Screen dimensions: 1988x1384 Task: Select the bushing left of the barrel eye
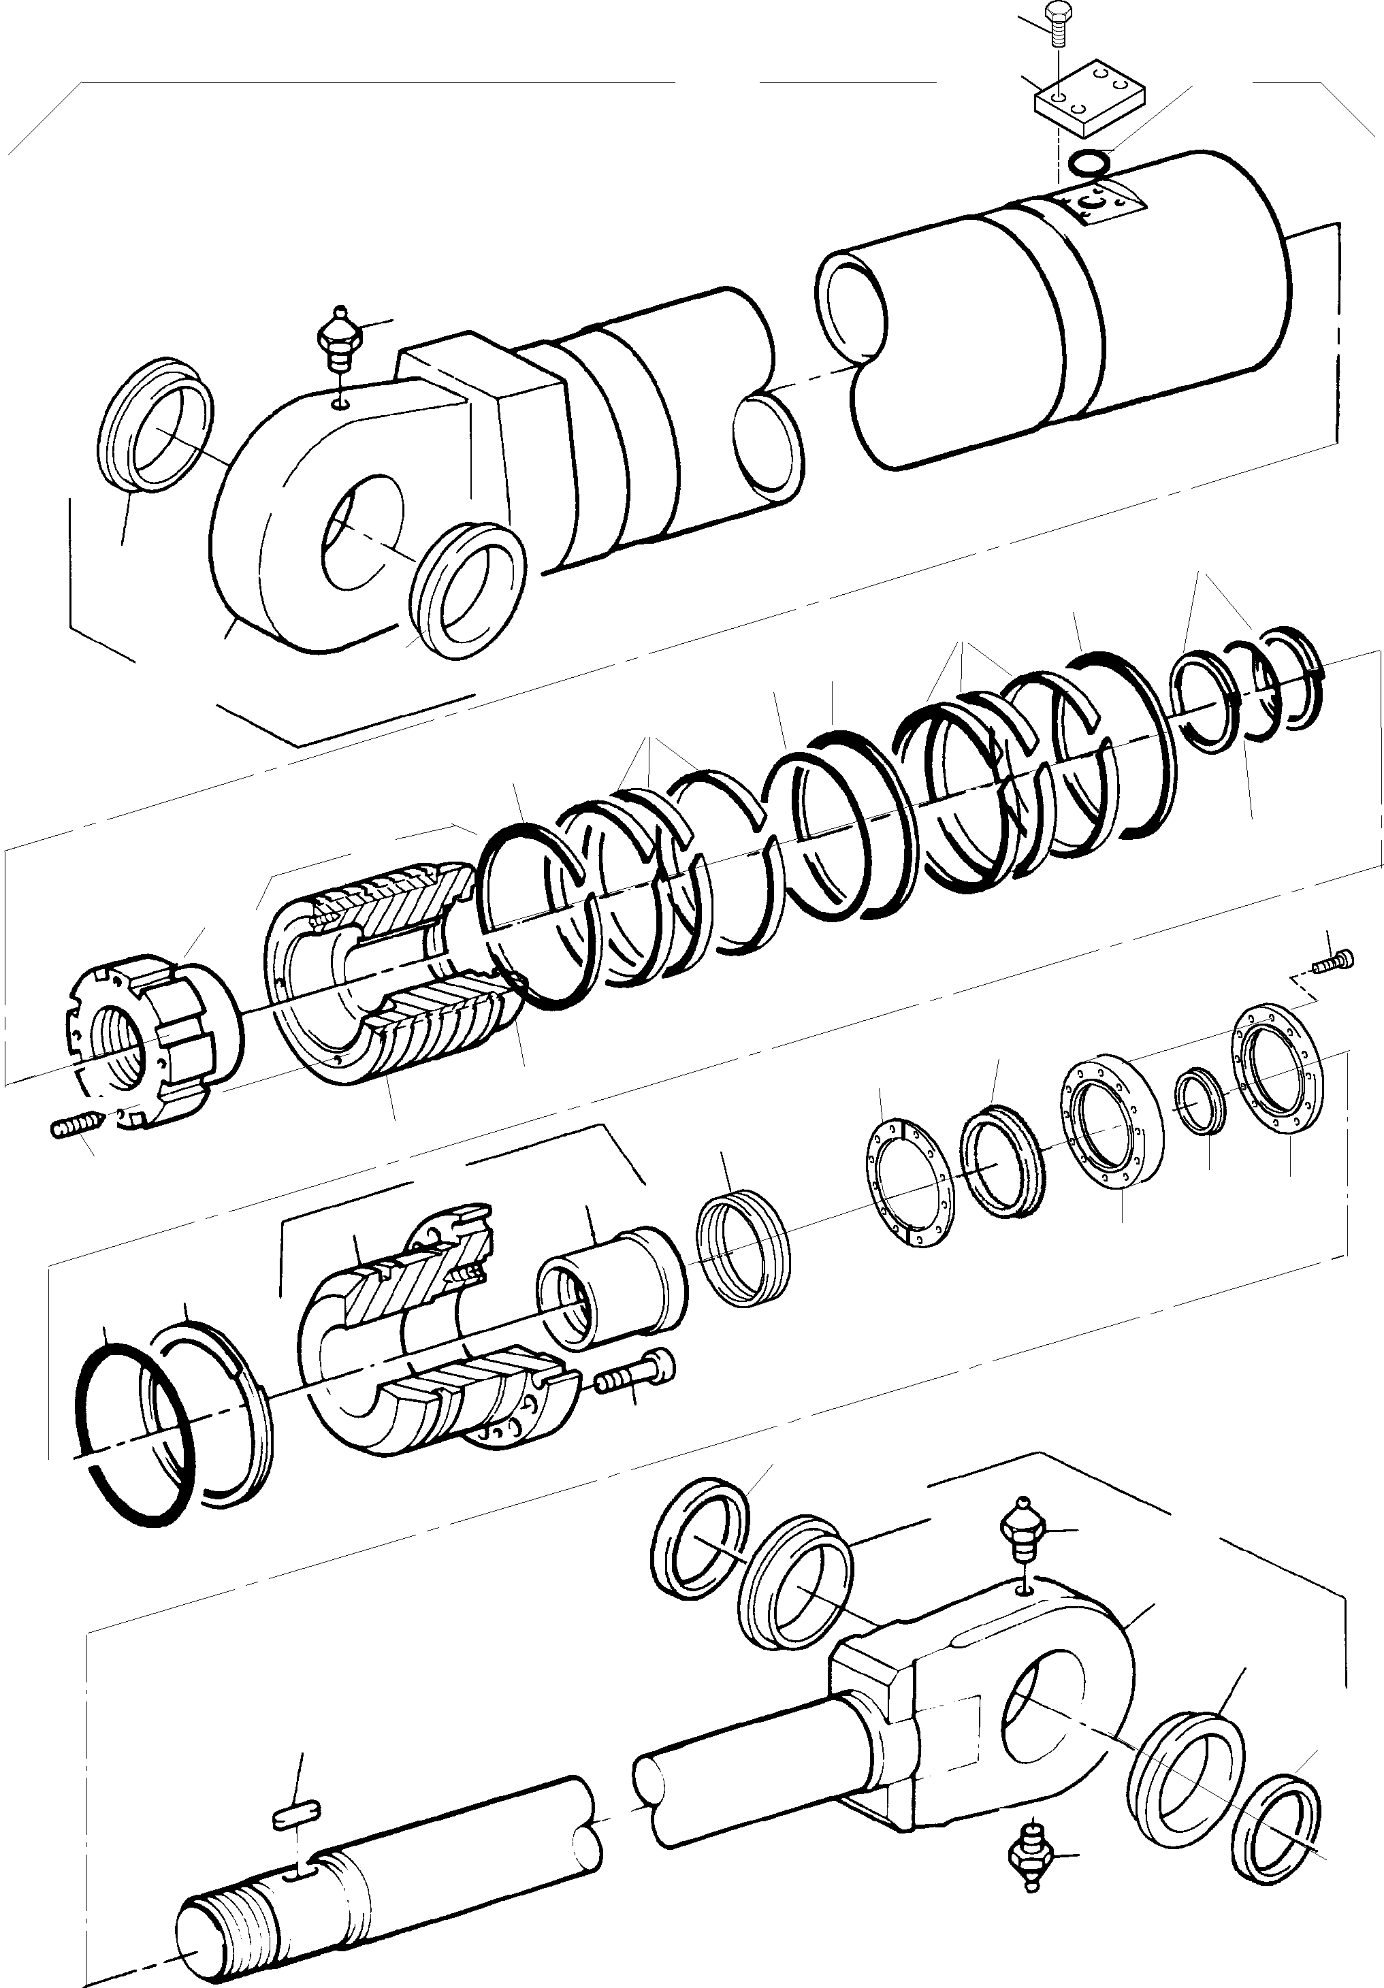pyautogui.click(x=155, y=424)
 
